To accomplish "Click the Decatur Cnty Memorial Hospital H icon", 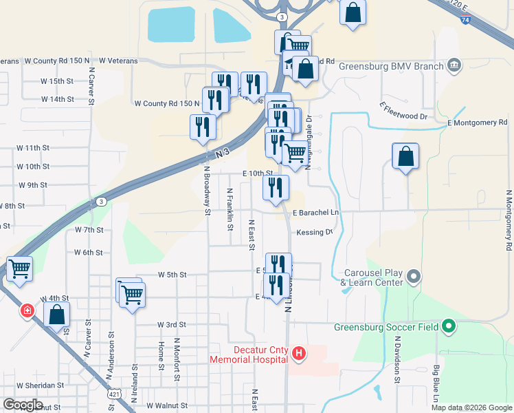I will coord(299,354).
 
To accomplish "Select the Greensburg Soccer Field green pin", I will coord(449,326).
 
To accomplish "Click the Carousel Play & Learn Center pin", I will coord(413,277).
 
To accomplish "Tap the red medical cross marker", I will coord(27,311).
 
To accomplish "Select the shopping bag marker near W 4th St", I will coord(57,314).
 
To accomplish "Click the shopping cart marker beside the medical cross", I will coord(19,268).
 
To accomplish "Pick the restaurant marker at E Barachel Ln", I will coord(276,187).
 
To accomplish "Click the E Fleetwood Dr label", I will coord(403,112).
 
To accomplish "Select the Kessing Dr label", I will coord(315,233).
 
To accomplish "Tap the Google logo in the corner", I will coord(23,405).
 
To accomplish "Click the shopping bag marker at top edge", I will coord(353,13).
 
